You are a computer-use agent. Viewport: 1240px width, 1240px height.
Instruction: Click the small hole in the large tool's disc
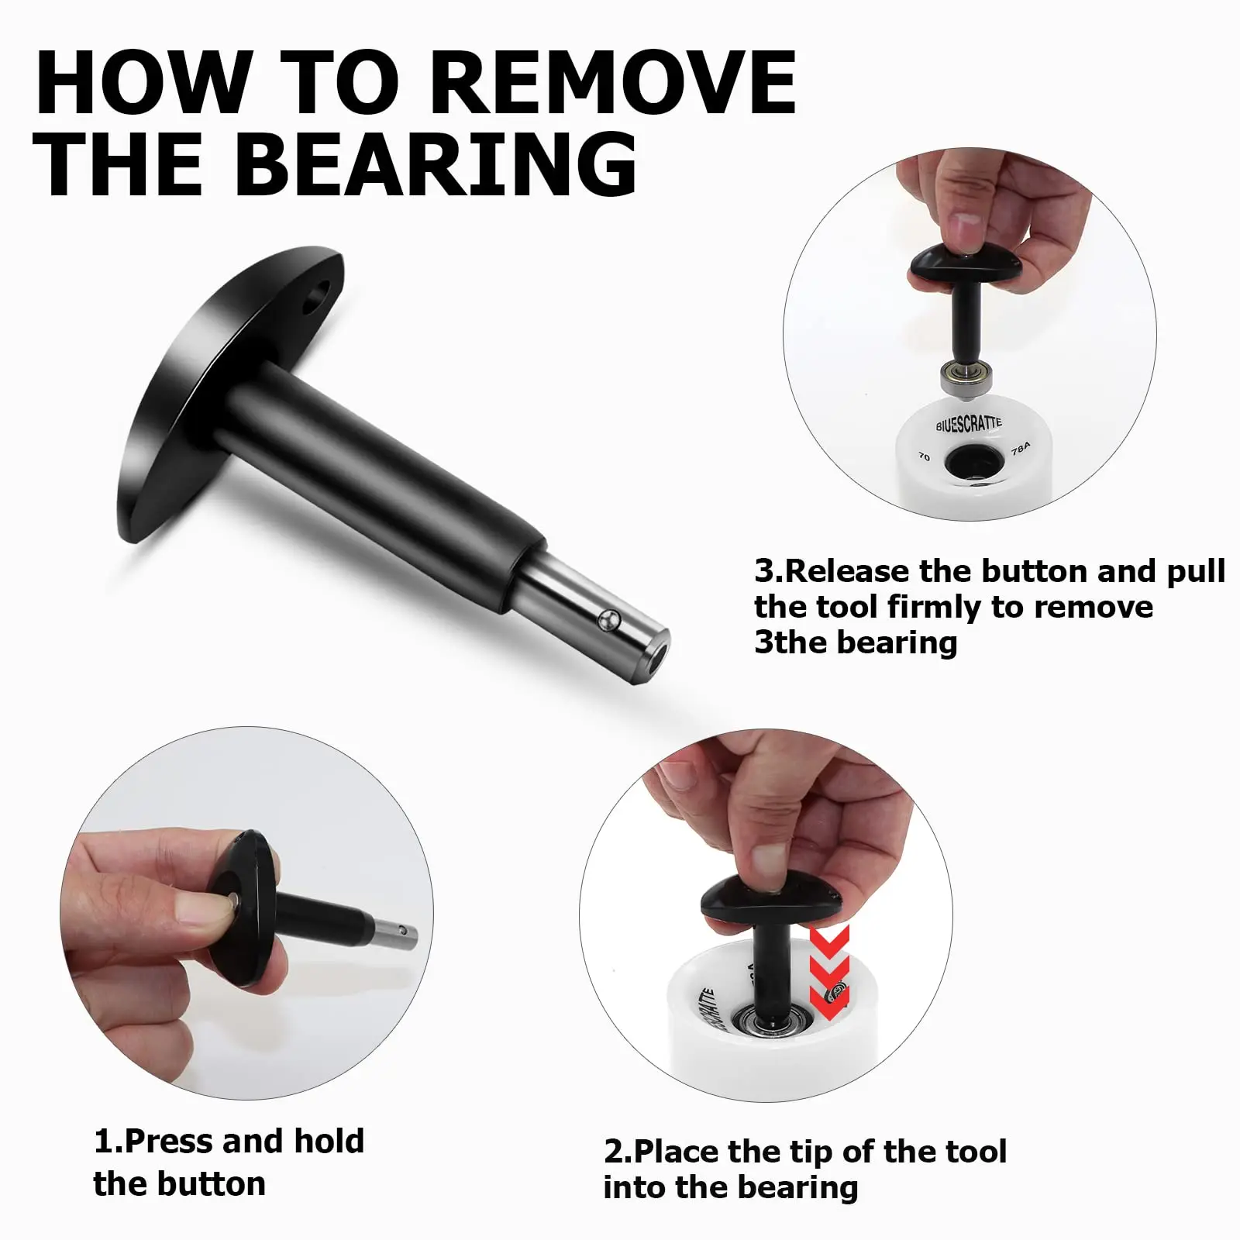point(316,298)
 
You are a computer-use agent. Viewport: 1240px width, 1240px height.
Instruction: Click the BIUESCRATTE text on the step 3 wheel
point(968,423)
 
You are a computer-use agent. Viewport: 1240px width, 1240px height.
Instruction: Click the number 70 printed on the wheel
point(924,456)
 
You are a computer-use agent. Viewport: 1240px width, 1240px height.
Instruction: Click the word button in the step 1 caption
point(212,1183)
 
